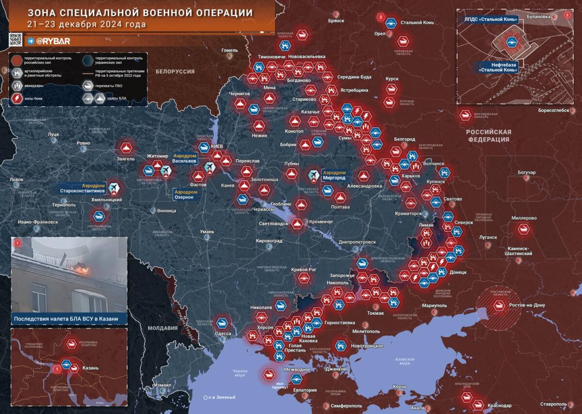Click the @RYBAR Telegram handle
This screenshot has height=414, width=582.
[53, 41]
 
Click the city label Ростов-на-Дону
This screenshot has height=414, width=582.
[527, 306]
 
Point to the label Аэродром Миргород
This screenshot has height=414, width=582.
[335, 175]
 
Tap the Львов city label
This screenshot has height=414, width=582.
[16, 179]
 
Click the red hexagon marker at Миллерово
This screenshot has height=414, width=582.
[523, 229]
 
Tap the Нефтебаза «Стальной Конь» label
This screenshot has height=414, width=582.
[499, 67]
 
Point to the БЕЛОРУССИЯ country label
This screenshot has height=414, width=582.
[175, 71]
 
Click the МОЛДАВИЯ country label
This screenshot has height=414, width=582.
[163, 328]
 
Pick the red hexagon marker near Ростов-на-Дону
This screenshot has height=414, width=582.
[499, 306]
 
